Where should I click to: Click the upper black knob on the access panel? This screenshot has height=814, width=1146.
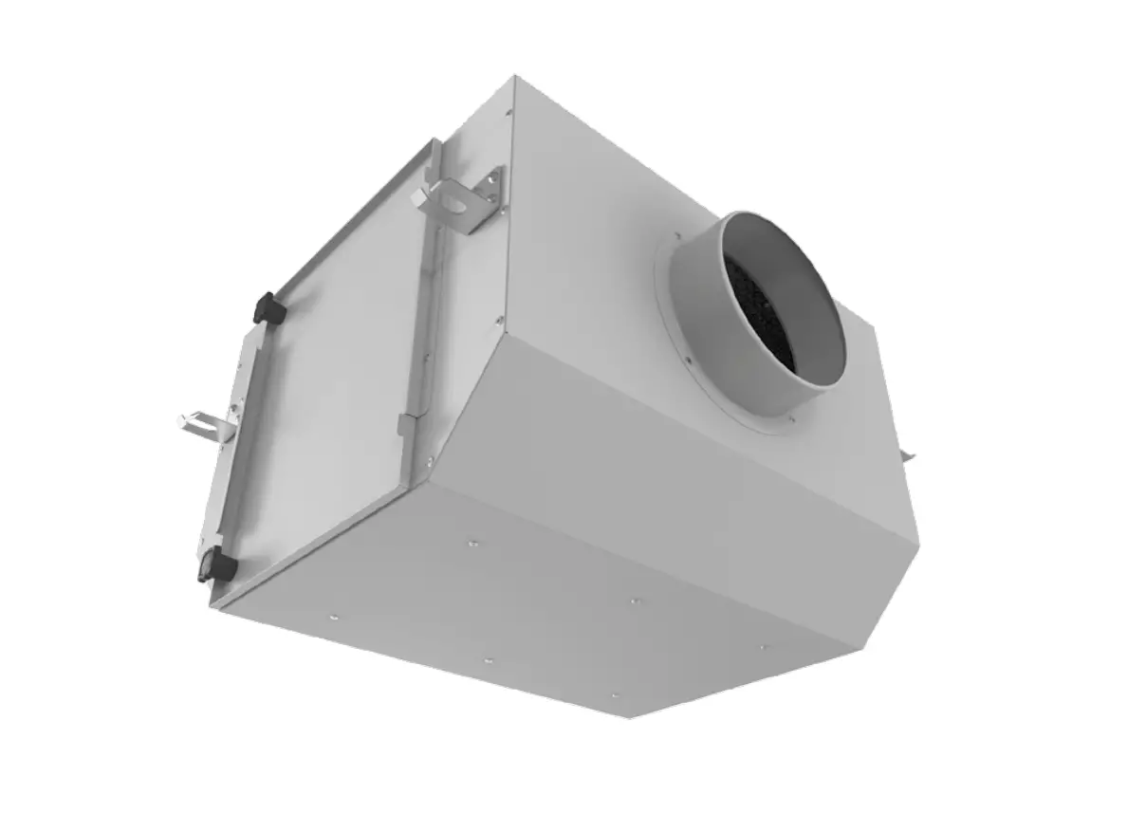(269, 308)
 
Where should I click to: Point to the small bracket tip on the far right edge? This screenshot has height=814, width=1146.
(908, 457)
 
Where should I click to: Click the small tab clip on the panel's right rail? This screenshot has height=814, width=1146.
(406, 424)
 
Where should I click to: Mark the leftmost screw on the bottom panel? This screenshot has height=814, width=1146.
(333, 618)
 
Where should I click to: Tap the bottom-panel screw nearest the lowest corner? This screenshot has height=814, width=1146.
(614, 694)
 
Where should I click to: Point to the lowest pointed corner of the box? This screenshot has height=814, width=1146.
(630, 716)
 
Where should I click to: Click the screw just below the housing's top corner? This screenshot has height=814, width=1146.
(508, 113)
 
